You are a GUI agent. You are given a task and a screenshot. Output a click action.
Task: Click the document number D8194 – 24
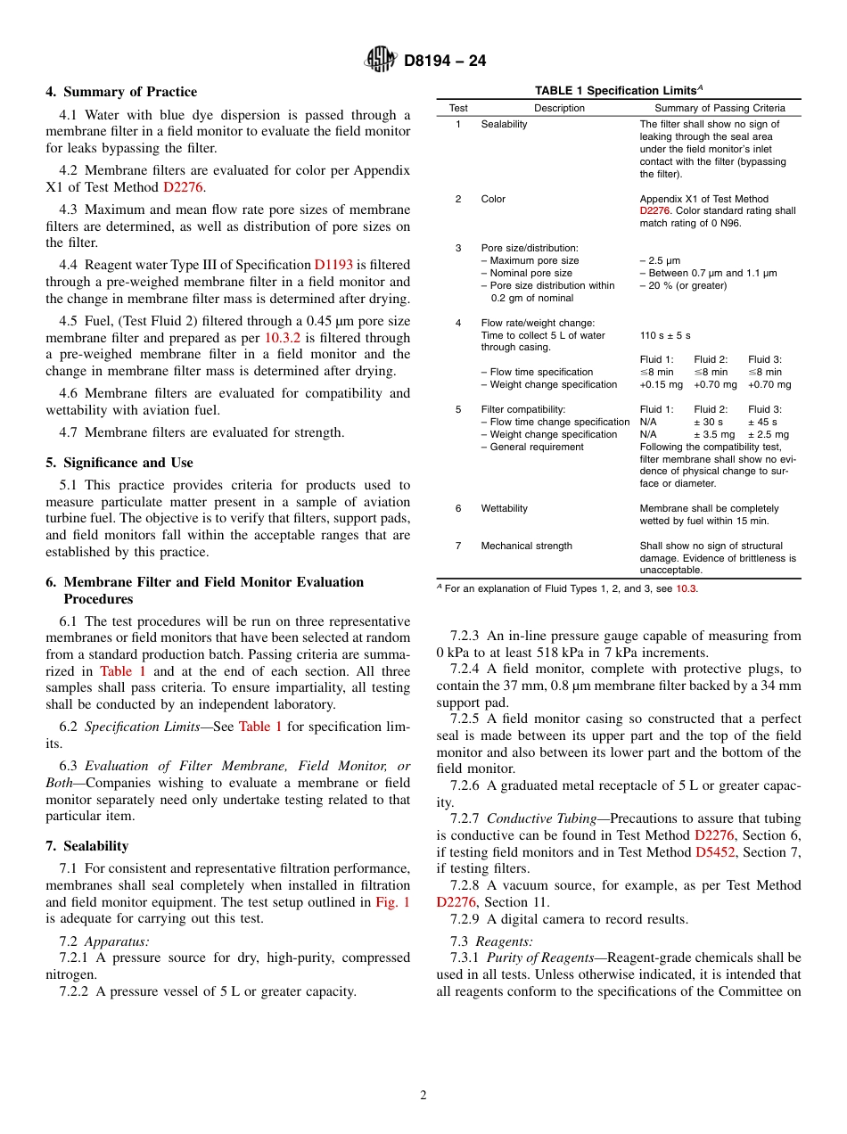[445, 61]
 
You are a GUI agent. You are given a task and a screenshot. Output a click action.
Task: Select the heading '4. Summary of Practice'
[121, 92]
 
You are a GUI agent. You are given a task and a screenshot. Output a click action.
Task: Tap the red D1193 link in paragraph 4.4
[333, 265]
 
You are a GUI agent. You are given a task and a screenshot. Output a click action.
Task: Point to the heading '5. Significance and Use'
[119, 463]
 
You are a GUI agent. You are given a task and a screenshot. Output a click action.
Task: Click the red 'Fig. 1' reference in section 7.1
[393, 902]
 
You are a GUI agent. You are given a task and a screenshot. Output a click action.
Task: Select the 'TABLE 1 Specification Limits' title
[618, 90]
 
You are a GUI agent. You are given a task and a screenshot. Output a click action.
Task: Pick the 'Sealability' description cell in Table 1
[504, 124]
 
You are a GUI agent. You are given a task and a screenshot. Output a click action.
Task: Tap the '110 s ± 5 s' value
[666, 335]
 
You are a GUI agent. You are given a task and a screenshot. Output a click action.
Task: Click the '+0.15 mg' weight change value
[661, 384]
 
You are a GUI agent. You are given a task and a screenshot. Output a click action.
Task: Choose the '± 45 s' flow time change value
[763, 422]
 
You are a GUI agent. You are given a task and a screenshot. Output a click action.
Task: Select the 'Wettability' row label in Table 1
[504, 508]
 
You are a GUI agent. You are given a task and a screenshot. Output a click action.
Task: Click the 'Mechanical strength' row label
[526, 546]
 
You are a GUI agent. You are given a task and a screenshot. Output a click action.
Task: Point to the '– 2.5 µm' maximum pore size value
[660, 260]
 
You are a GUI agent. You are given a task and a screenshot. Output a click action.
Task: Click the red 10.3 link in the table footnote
[686, 588]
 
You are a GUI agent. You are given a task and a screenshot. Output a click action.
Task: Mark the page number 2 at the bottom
[423, 1096]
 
